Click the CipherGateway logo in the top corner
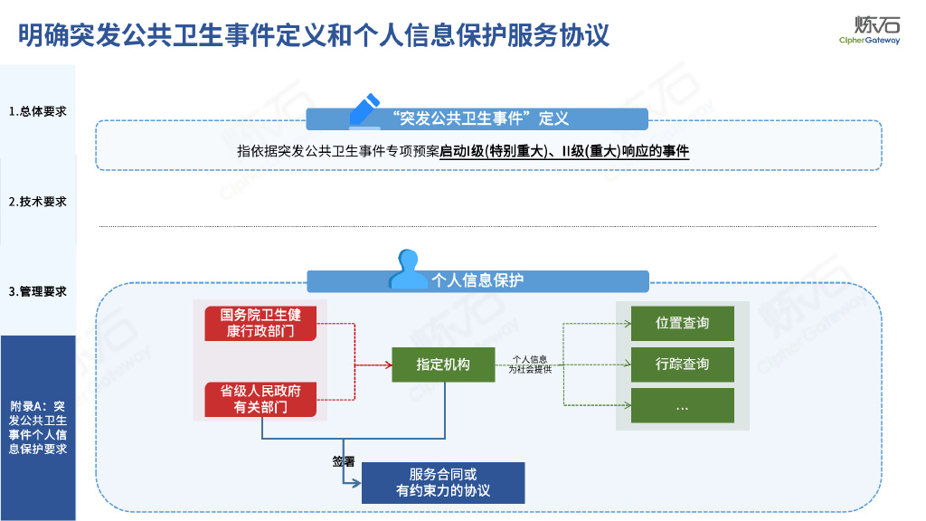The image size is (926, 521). pos(869,30)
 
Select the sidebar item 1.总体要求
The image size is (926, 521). pos(38,112)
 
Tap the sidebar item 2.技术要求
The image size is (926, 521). pos(38,202)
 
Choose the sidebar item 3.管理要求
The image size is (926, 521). pos(38,291)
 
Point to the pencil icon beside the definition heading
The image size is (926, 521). pos(364,110)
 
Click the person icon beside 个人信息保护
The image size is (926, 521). pos(408,269)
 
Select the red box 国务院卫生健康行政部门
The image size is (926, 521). pos(260,323)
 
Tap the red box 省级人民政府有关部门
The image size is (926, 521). pos(260,399)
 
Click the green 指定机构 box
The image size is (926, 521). pos(443,365)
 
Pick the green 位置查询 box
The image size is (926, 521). pos(682,323)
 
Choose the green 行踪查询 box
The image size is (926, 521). pos(682,365)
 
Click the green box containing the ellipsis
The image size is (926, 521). pos(682,406)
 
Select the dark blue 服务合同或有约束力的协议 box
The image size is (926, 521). pos(443,483)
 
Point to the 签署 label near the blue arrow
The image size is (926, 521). pos(343,461)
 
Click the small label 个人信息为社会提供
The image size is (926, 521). pos(530,365)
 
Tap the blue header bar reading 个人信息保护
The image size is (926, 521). pos(477,280)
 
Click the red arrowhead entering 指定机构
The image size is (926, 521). pos(386,365)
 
